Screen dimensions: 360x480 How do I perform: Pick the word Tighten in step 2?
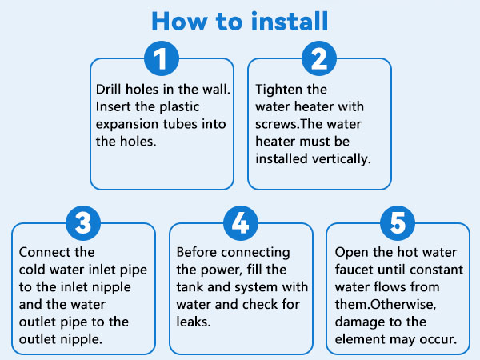pyautogui.click(x=277, y=89)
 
